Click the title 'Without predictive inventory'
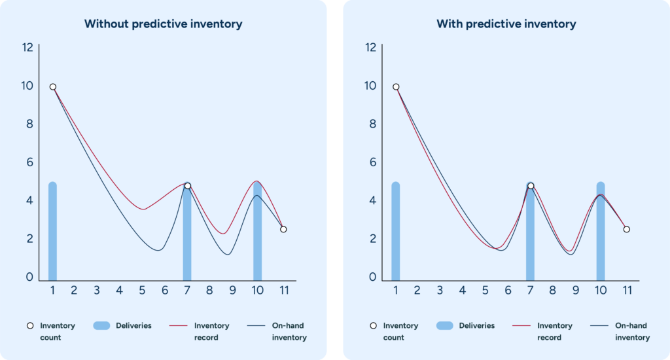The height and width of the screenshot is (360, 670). tap(163, 24)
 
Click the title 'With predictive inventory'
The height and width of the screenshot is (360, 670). tap(506, 24)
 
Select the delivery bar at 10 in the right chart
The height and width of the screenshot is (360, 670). tap(600, 232)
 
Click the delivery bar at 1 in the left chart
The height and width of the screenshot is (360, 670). tap(52, 232)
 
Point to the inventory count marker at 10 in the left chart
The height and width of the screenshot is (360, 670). tap(53, 87)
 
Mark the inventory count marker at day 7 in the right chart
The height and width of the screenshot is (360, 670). tap(531, 186)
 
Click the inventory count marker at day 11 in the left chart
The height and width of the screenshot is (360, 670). tap(283, 229)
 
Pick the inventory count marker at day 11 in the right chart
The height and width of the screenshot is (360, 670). tap(627, 229)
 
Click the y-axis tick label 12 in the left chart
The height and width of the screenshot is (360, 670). tap(27, 47)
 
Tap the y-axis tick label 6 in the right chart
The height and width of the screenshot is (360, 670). tap(372, 162)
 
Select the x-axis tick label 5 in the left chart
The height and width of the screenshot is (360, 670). tap(142, 291)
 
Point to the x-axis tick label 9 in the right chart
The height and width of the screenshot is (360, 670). tap(575, 291)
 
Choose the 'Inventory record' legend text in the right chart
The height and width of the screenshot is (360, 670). tap(554, 331)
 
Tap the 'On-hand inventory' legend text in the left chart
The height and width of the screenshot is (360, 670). tap(289, 331)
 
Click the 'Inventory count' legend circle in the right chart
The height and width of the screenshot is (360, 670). tap(373, 325)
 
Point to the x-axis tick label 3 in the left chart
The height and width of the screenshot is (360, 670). tap(96, 291)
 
